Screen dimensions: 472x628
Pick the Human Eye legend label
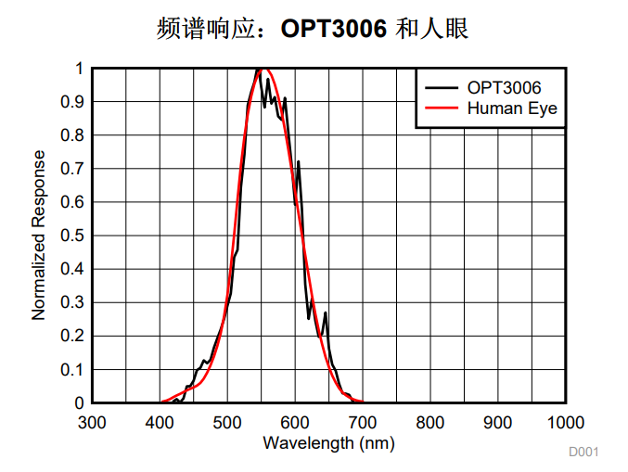coord(512,108)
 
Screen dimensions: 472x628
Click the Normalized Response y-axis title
coord(39,235)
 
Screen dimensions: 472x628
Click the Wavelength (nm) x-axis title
coord(328,442)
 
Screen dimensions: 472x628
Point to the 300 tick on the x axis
coord(92,423)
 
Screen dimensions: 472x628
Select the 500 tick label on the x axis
coord(227,423)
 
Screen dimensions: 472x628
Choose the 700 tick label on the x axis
coord(363,423)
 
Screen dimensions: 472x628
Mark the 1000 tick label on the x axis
coord(565,423)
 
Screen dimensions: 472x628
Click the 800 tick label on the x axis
coord(430,423)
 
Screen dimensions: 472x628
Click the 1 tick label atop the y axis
coord(79,69)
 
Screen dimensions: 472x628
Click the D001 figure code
coord(584,452)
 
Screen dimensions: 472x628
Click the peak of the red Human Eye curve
coord(264,69)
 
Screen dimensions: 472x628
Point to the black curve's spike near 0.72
coord(298,162)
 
